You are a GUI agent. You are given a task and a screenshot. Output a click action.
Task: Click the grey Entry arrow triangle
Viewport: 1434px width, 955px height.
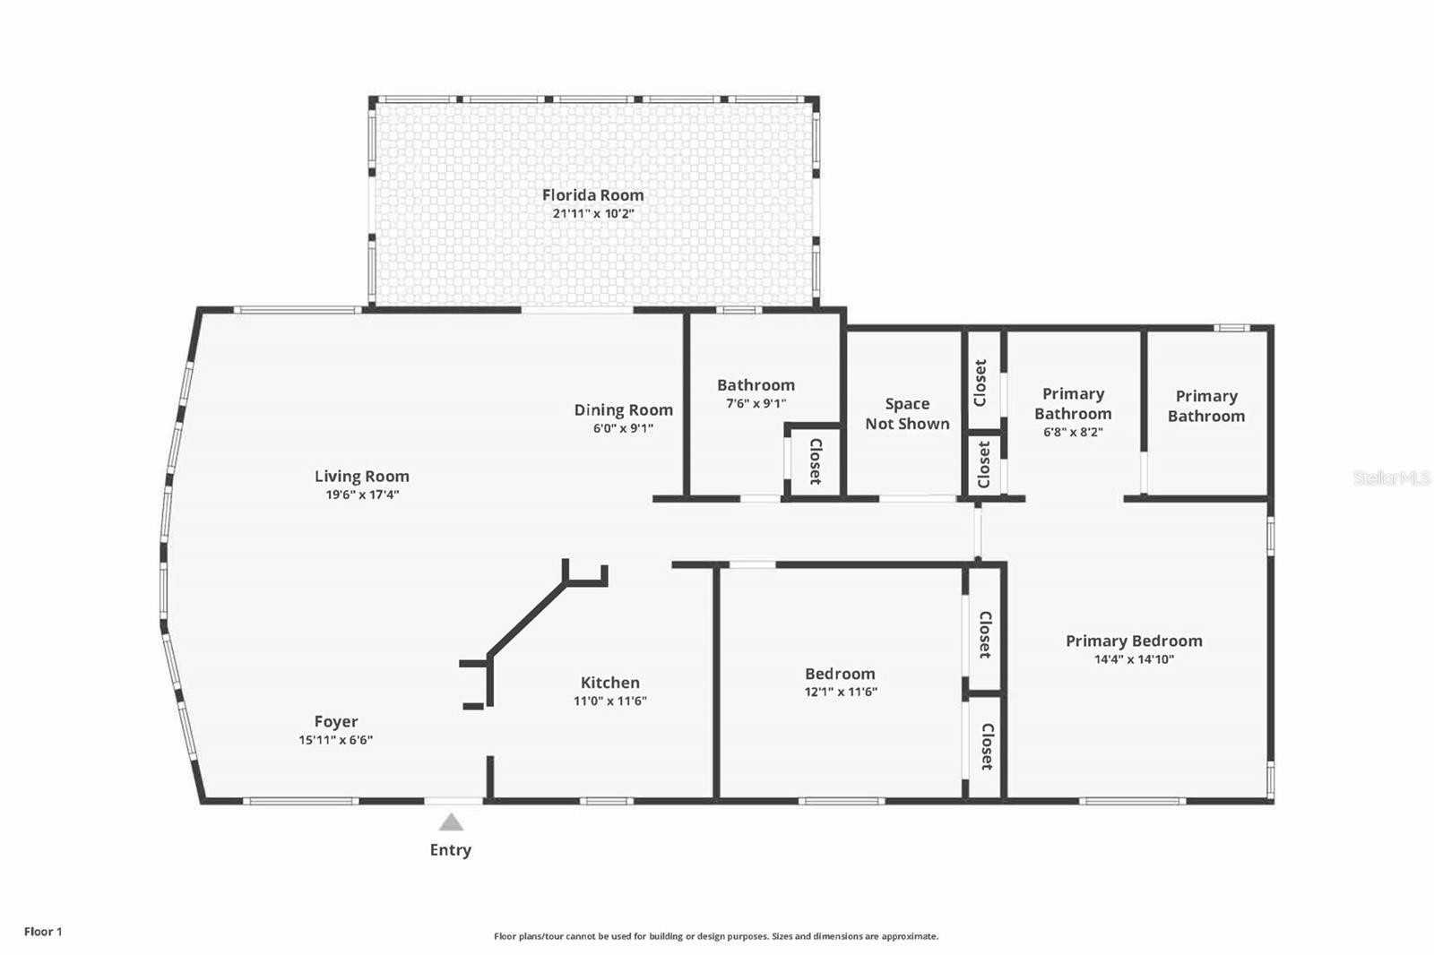tap(452, 822)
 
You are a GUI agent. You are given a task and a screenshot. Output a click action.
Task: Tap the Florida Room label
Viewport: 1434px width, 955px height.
tap(592, 195)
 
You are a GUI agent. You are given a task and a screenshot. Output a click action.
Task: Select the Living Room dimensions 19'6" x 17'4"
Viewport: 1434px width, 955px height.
tap(362, 495)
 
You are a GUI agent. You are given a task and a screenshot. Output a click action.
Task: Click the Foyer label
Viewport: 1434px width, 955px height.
tap(336, 722)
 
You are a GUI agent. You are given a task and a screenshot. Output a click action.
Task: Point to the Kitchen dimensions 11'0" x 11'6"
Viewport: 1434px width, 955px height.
tap(610, 701)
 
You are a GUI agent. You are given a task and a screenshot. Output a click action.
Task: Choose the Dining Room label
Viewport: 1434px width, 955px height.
tap(624, 410)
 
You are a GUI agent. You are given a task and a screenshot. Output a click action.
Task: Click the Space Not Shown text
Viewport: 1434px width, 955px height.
tap(908, 414)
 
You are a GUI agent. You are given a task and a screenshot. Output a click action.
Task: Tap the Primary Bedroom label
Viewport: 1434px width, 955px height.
tap(1134, 641)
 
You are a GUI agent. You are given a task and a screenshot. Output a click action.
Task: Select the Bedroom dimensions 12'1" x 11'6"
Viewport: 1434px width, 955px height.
tap(841, 692)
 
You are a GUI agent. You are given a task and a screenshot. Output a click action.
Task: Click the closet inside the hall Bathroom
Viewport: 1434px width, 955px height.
tap(815, 461)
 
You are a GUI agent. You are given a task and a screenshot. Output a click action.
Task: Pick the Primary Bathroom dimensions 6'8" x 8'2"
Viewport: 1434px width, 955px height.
tap(1073, 432)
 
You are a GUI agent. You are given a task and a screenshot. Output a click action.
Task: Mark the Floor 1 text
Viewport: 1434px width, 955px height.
tap(43, 932)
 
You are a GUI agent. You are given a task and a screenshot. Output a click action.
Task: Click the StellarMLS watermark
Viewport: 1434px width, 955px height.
tap(1392, 477)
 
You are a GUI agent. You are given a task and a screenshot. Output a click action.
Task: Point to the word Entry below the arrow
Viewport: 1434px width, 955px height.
tap(451, 850)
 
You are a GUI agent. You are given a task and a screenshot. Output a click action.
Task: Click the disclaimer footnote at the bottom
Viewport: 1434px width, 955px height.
tap(716, 936)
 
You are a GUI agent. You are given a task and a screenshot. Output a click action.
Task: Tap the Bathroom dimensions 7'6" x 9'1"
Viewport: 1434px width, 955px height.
tap(756, 403)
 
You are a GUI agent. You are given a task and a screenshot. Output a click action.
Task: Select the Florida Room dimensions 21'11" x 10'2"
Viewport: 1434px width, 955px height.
tap(593, 213)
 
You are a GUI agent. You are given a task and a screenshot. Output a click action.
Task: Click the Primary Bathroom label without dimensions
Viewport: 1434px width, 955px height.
tap(1206, 407)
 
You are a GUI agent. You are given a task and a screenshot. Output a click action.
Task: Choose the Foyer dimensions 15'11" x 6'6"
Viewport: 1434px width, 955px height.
tap(335, 740)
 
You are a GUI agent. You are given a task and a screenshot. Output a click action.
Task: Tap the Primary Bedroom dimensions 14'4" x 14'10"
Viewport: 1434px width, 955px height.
tap(1134, 658)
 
